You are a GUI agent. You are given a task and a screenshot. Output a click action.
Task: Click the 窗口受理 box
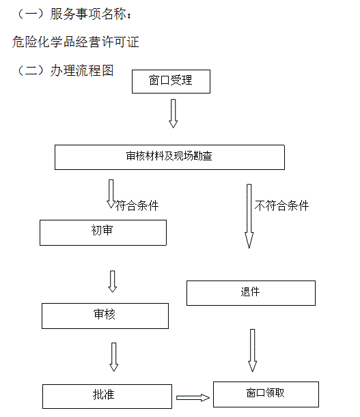pyautogui.click(x=171, y=81)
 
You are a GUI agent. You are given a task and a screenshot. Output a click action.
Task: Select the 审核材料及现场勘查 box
pyautogui.click(x=169, y=157)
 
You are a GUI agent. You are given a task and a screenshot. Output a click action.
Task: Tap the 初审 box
pyautogui.click(x=103, y=233)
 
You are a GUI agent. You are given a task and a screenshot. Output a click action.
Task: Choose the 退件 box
pyautogui.click(x=251, y=293)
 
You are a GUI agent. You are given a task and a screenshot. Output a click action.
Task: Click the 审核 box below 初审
pyautogui.click(x=105, y=316)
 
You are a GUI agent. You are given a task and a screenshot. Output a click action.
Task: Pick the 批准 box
pyautogui.click(x=107, y=397)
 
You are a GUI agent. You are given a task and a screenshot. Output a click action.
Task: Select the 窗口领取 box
pyautogui.click(x=266, y=394)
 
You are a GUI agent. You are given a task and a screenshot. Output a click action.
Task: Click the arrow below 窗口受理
pyautogui.click(x=173, y=113)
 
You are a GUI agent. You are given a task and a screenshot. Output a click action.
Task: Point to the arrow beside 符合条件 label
pyautogui.click(x=111, y=194)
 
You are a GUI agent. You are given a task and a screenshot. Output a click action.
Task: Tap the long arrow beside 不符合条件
pyautogui.click(x=249, y=216)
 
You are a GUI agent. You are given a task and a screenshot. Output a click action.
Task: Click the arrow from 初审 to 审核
pyautogui.click(x=112, y=281)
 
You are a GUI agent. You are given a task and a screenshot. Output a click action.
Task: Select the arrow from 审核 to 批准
pyautogui.click(x=113, y=357)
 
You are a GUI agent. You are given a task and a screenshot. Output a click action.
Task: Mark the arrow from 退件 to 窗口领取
pyautogui.click(x=253, y=350)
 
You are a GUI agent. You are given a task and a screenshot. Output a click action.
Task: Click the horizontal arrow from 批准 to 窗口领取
pyautogui.click(x=193, y=398)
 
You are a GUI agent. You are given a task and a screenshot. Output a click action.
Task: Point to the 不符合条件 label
pyautogui.click(x=281, y=206)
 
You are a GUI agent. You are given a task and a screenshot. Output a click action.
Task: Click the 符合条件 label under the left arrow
pyautogui.click(x=137, y=206)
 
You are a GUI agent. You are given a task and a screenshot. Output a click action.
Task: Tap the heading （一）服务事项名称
pyautogui.click(x=74, y=14)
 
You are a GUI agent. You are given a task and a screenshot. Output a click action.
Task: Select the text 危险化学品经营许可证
pyautogui.click(x=76, y=42)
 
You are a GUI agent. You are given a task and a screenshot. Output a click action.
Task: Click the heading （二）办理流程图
pyautogui.click(x=65, y=70)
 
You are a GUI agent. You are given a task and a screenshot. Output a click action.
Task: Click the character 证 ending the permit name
pyautogui.click(x=133, y=42)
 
